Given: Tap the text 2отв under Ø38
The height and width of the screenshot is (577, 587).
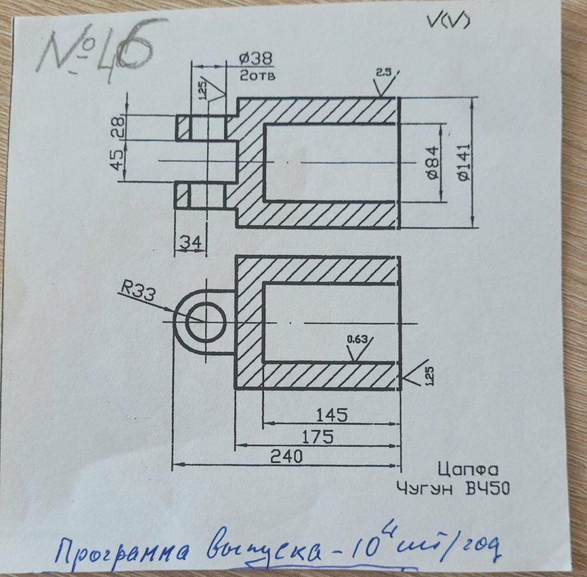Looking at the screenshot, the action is (x=258, y=75).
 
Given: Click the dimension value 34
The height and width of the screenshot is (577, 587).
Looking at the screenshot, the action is (x=190, y=241).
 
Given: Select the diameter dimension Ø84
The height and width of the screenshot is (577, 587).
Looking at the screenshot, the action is (x=433, y=163).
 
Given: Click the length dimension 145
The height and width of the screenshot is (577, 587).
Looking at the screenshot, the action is (x=332, y=415).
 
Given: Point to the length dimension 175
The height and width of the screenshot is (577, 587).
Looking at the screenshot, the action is (x=317, y=437).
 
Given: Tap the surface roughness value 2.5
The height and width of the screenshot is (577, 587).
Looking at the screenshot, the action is (x=383, y=72).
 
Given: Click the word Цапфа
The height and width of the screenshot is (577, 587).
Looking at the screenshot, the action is (x=468, y=470).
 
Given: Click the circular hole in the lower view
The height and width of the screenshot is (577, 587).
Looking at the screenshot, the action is (x=206, y=323).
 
